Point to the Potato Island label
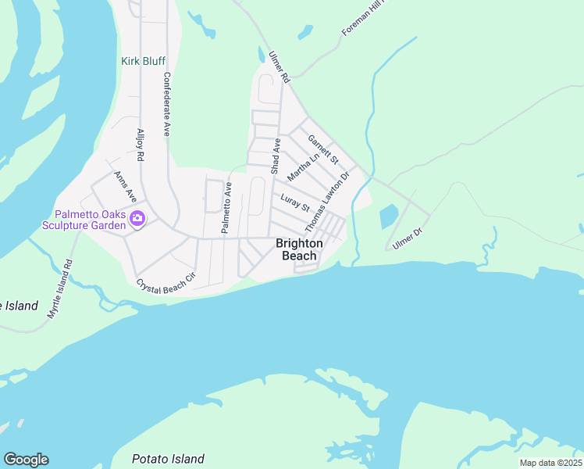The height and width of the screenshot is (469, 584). point(168,459)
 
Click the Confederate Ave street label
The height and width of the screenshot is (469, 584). point(166,105)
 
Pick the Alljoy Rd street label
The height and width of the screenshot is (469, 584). point(141,145)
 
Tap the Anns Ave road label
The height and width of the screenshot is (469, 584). point(125,185)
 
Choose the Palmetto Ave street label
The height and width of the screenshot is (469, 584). point(226,208)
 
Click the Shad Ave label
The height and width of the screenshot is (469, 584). point(275,156)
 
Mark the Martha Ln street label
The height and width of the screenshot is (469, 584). point(304,165)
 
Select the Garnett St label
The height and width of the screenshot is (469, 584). point(323,150)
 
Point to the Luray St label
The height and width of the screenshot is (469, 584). point(295,202)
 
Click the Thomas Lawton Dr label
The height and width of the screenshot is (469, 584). point(326,202)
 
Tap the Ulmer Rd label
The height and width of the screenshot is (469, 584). point(279,67)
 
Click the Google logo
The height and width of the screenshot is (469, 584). point(26,460)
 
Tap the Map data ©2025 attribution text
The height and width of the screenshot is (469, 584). point(550,463)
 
